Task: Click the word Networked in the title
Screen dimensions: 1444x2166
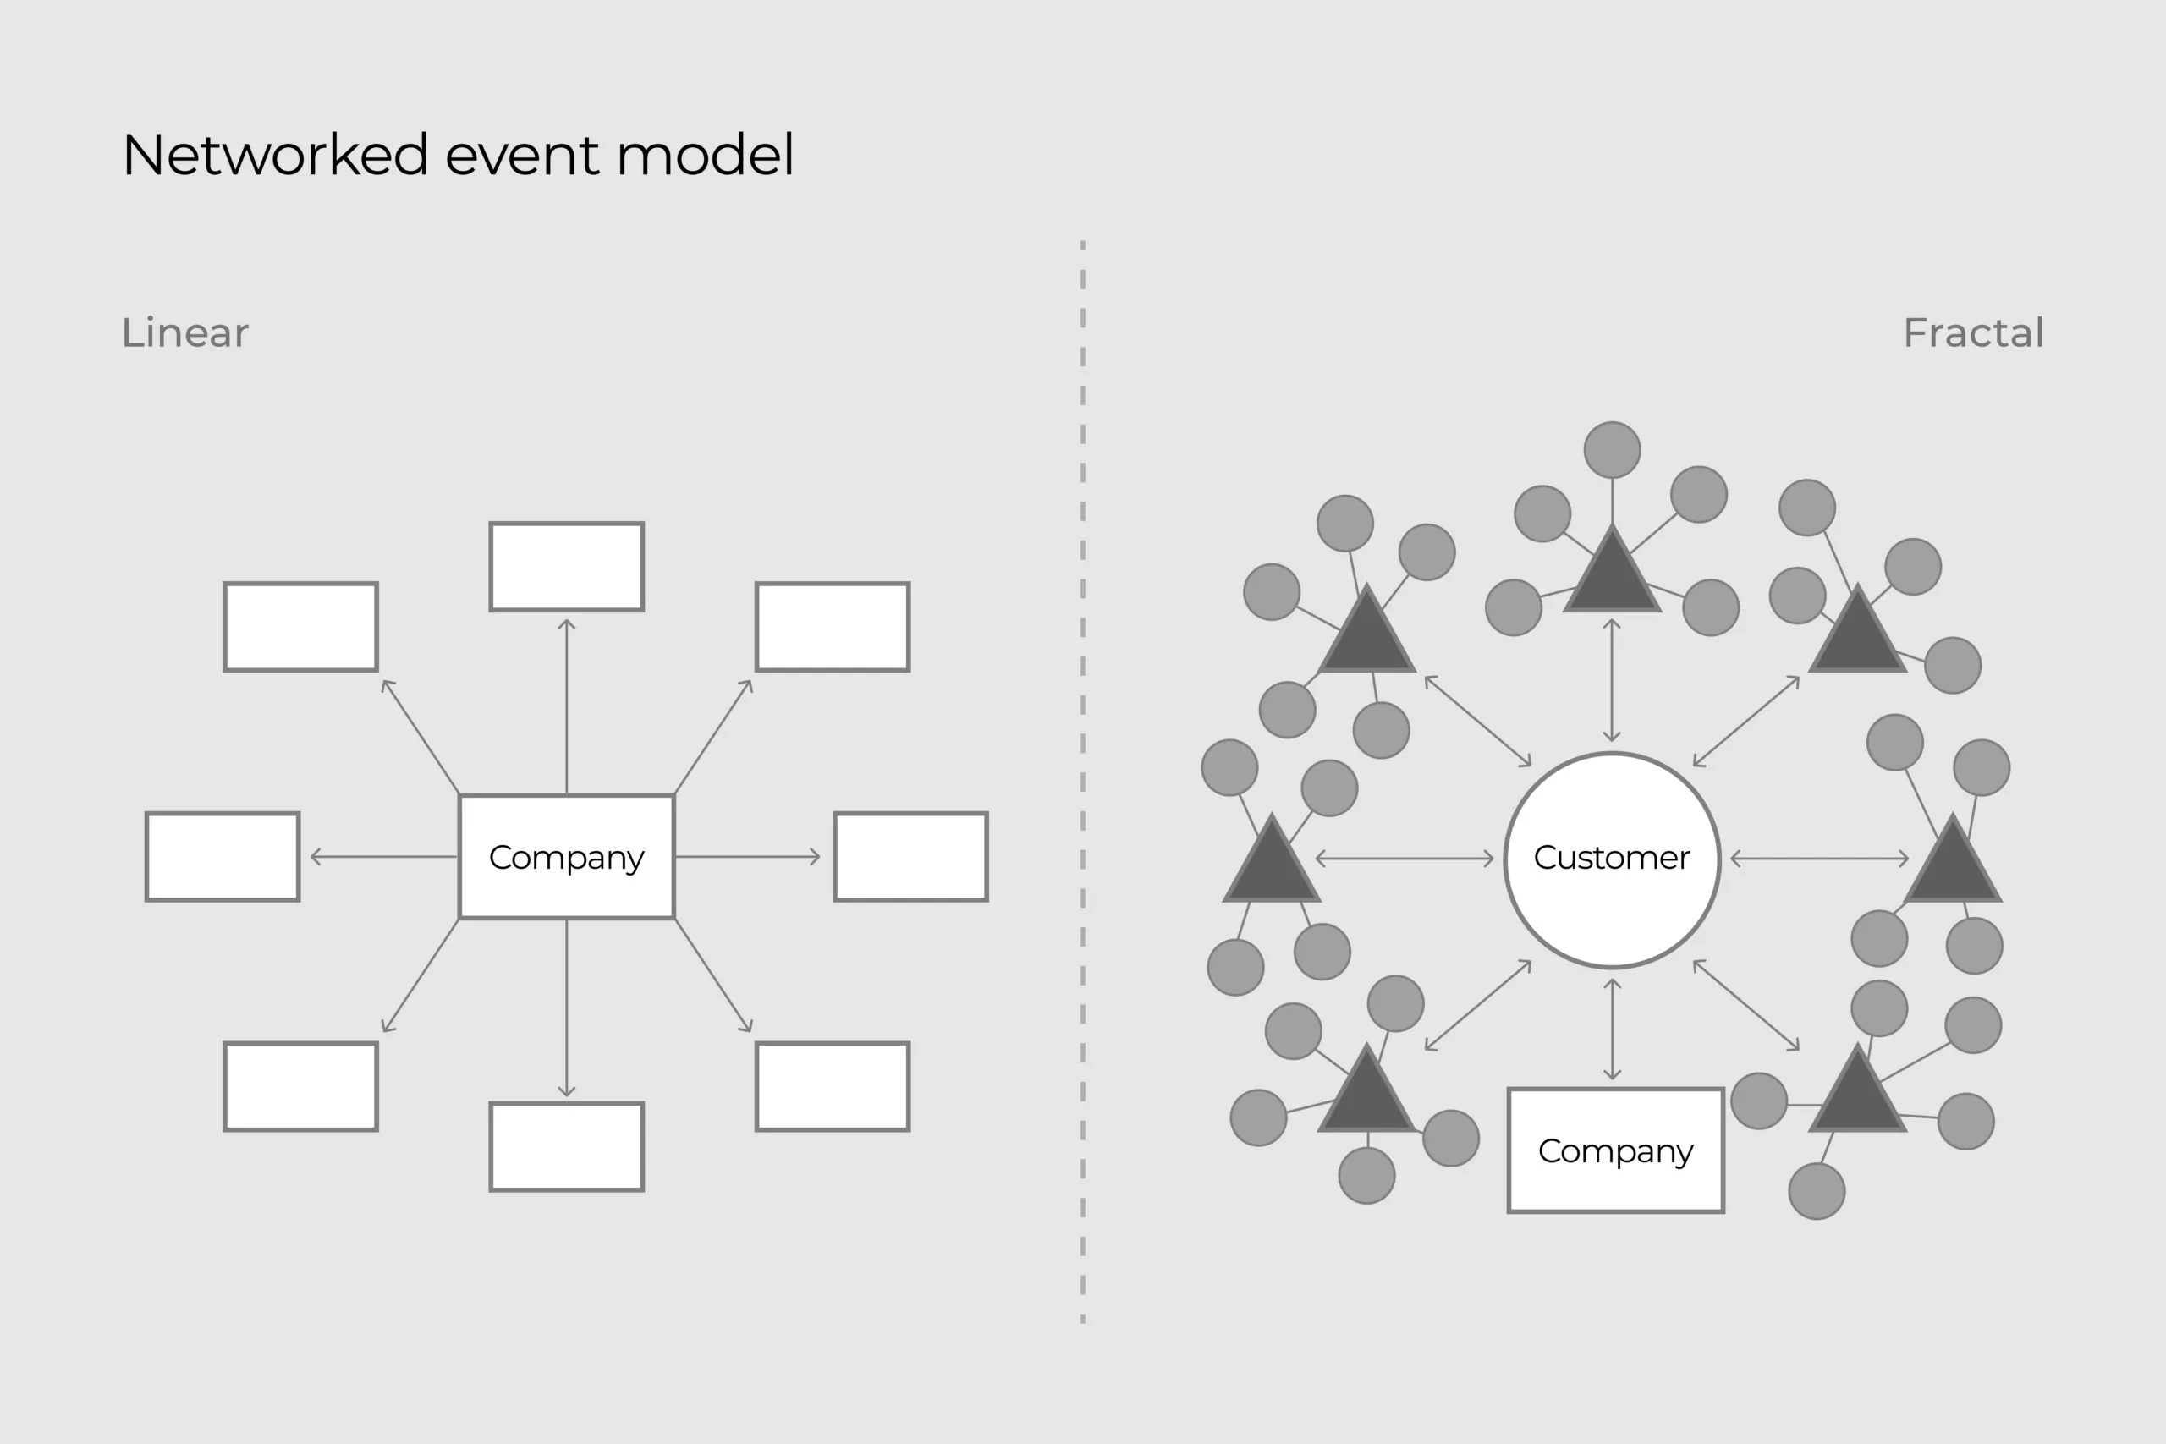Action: tap(275, 155)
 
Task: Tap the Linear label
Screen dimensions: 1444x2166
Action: tap(185, 332)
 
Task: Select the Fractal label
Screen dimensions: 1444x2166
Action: tap(1972, 332)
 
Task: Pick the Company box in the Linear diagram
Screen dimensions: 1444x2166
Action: tap(566, 856)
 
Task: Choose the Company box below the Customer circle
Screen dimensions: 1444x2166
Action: tap(1615, 1150)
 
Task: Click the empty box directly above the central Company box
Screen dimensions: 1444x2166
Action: tap(566, 567)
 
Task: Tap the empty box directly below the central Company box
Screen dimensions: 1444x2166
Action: tap(566, 1146)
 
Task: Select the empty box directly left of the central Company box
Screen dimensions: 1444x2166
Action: tap(223, 856)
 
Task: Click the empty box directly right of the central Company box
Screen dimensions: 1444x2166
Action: tap(910, 856)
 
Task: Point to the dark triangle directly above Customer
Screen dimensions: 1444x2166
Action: tap(1612, 575)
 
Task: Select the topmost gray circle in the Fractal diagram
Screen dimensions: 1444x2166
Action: tap(1612, 449)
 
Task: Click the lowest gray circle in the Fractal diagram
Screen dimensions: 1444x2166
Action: tap(1816, 1191)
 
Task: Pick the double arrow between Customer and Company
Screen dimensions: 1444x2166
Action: tap(1612, 1029)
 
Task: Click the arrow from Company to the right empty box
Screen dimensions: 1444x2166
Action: tap(748, 856)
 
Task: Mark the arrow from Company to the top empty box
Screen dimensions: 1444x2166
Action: tap(566, 705)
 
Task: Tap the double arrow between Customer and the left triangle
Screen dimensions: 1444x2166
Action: tap(1405, 859)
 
